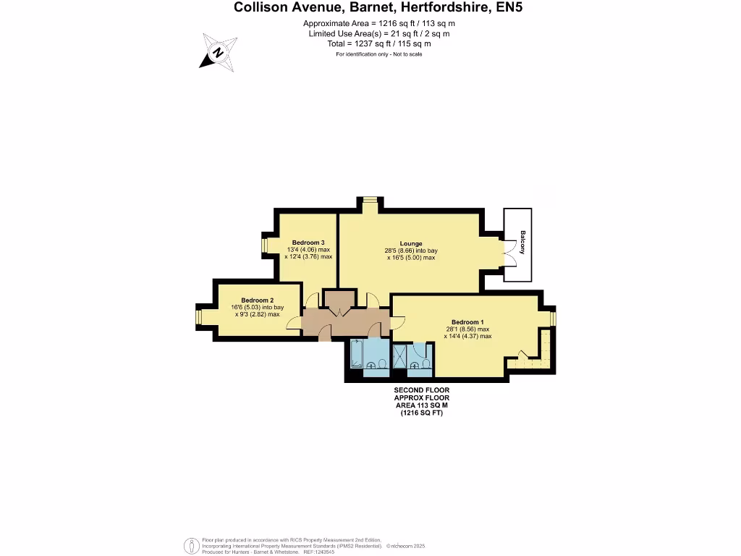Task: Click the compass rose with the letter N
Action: (218, 51)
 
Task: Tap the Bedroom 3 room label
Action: (308, 242)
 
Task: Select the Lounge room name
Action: (411, 243)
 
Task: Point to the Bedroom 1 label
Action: (467, 322)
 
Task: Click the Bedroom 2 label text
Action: (257, 300)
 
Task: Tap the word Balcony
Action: (522, 242)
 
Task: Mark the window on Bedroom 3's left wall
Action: (264, 246)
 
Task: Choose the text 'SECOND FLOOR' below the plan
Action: (422, 390)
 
